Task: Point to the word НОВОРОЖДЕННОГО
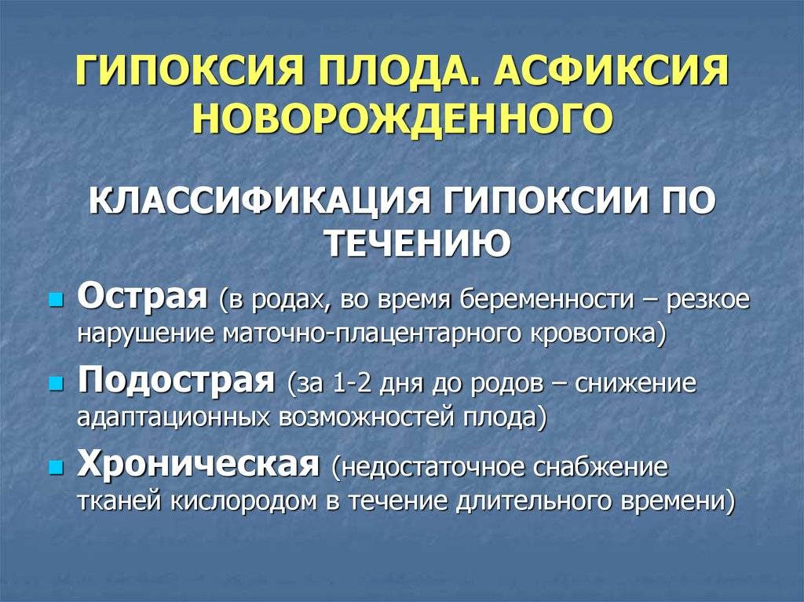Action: tap(402, 118)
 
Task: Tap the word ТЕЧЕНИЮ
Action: tap(419, 243)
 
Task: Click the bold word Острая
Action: tap(142, 297)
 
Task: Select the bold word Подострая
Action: tap(176, 381)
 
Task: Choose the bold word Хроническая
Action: tap(198, 465)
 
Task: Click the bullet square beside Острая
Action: tap(56, 300)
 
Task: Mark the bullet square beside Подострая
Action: tap(56, 384)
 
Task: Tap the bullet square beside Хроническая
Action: tap(56, 468)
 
